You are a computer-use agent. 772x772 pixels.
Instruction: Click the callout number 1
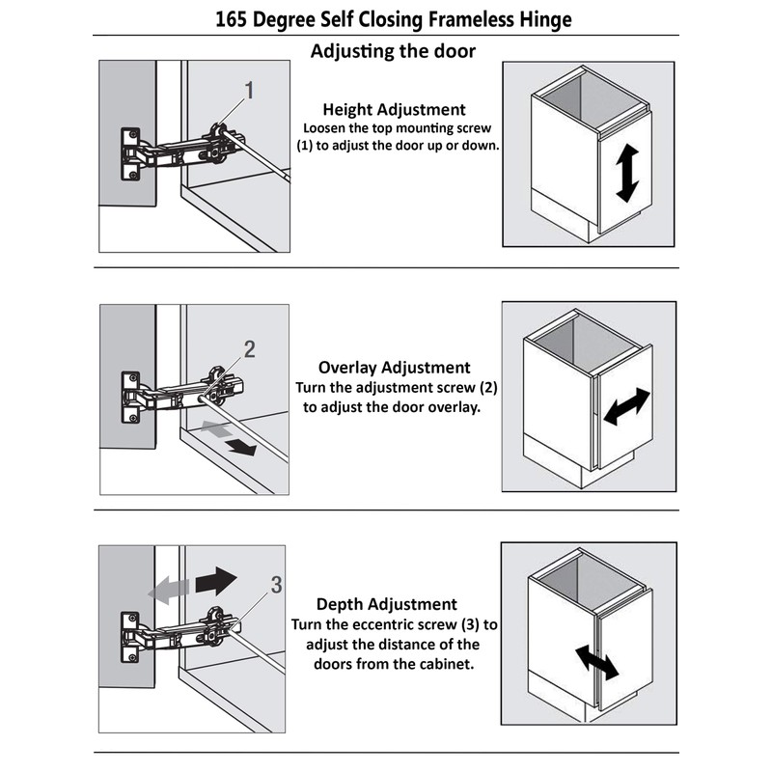tap(249, 92)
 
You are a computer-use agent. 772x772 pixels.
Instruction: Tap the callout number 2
tap(249, 349)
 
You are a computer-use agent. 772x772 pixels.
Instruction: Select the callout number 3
tap(276, 585)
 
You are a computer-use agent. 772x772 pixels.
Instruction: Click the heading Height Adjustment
tap(394, 110)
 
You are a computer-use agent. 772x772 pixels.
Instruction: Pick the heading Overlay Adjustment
tap(394, 368)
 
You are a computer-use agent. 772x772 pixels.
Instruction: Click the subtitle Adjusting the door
tap(393, 51)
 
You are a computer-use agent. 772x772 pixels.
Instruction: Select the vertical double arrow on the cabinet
tap(626, 174)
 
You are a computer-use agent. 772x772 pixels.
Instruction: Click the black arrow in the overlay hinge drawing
tap(241, 446)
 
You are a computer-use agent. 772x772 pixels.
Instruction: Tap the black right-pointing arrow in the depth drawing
tap(215, 580)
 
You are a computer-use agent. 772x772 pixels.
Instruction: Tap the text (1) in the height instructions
tap(309, 146)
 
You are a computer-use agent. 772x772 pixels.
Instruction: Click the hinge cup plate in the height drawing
tap(130, 154)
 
